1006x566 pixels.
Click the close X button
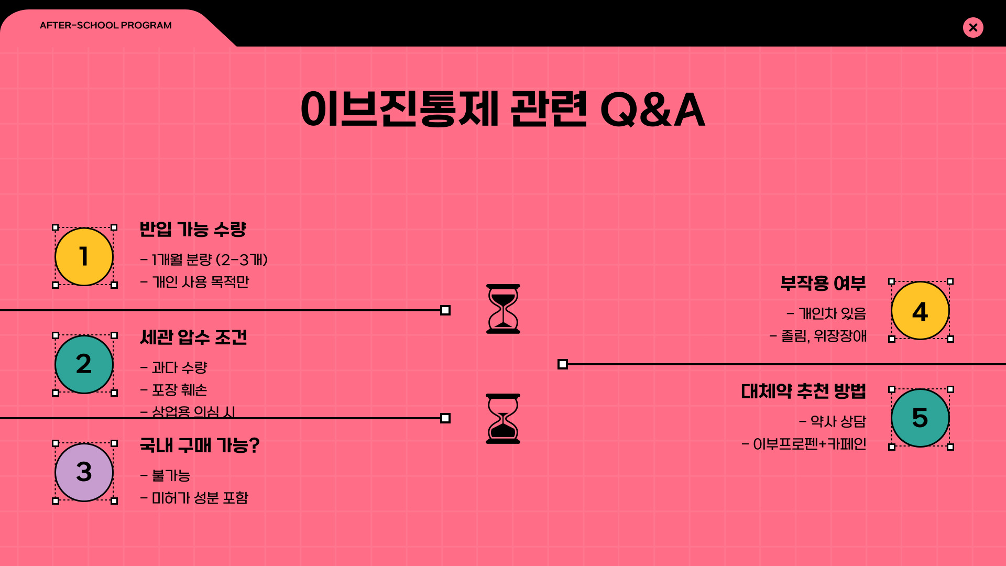tap(973, 27)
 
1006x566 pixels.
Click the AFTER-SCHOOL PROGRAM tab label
tap(106, 25)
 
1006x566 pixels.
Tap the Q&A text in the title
tap(652, 110)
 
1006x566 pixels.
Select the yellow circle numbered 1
tap(84, 257)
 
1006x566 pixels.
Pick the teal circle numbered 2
tap(84, 364)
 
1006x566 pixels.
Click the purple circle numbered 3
tap(84, 472)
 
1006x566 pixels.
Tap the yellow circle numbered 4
tap(920, 311)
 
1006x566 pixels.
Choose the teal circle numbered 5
tap(920, 418)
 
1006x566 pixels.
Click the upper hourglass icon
tap(503, 309)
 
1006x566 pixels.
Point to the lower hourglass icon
tap(503, 419)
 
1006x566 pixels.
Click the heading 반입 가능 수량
tap(193, 229)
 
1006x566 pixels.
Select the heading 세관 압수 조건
tap(193, 337)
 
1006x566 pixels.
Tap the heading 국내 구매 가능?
tap(200, 445)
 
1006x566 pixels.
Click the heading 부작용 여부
tap(823, 284)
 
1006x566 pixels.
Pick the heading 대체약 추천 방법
tap(803, 391)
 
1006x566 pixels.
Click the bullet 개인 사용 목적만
tap(200, 282)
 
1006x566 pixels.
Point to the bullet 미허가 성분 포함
tap(200, 498)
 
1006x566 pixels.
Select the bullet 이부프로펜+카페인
tap(809, 444)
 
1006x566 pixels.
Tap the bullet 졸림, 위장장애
tap(823, 336)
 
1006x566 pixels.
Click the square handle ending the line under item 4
tap(563, 364)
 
